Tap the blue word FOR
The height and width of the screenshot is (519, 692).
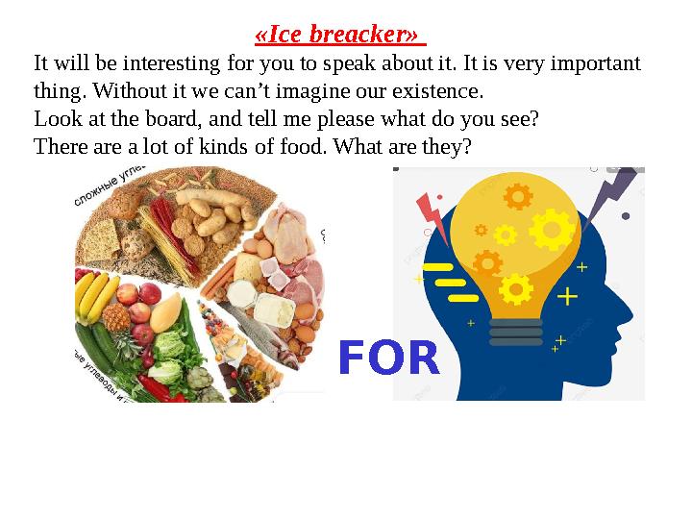(388, 358)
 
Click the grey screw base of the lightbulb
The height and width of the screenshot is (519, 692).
(516, 326)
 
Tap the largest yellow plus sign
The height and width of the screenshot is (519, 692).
(568, 296)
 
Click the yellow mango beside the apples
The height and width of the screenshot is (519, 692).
(167, 311)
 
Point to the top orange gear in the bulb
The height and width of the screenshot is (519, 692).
(517, 197)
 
